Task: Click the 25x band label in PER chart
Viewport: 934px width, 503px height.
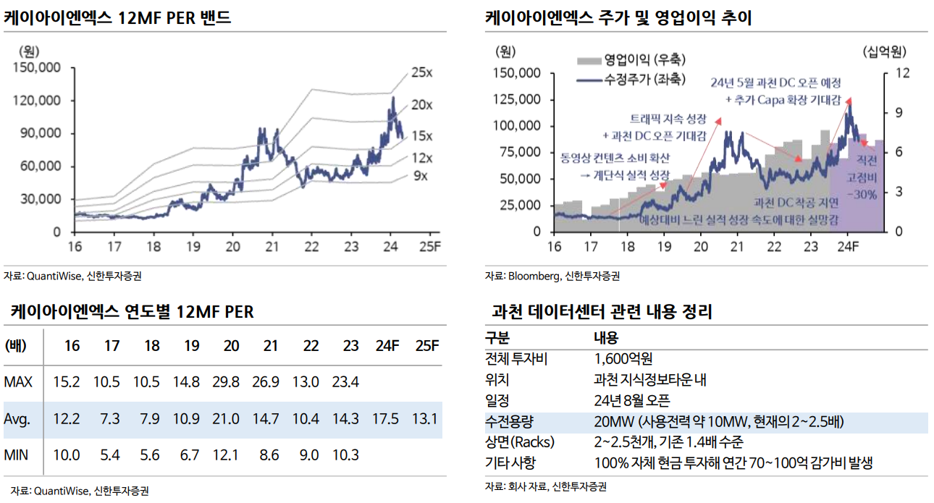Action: coord(421,72)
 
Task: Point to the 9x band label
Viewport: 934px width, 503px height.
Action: coord(420,176)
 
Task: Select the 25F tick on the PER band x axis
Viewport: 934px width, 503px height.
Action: coord(430,246)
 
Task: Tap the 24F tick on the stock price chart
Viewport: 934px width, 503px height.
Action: coord(847,246)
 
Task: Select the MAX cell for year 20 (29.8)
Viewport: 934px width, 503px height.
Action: coord(231,382)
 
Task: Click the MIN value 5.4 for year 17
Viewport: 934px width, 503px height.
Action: coord(112,456)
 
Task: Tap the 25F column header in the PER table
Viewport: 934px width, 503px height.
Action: coord(426,345)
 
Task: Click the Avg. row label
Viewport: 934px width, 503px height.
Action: coord(16,419)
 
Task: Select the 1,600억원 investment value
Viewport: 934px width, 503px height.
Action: coord(623,358)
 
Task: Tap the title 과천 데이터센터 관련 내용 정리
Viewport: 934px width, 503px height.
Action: coord(602,313)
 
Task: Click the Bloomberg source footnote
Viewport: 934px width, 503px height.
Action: coord(552,276)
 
